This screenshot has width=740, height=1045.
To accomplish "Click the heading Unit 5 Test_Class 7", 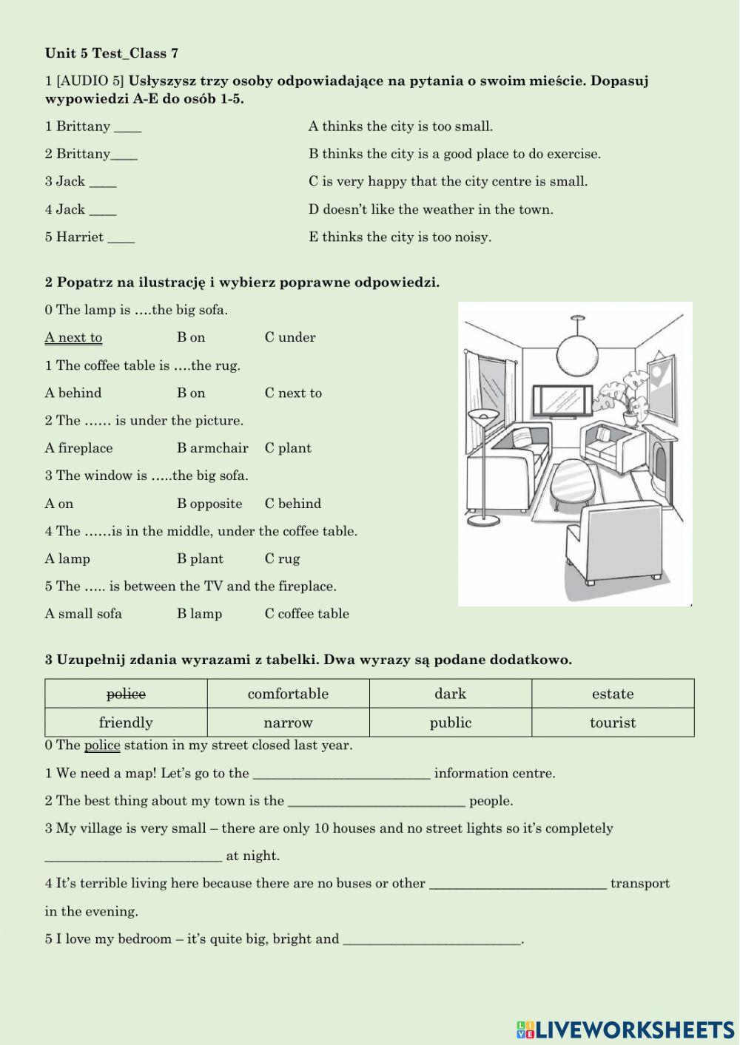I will coord(112,53).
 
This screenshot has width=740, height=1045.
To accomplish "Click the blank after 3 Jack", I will coord(103,183).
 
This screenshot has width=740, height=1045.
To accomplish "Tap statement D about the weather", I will coord(431,209).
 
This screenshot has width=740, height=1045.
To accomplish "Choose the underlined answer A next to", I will coord(73,337).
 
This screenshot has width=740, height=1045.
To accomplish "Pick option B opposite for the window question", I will coord(209,504).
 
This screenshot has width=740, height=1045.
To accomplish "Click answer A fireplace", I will coord(78,448).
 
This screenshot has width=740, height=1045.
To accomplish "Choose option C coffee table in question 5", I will coord(306,614).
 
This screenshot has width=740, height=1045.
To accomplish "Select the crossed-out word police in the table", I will coord(126,694).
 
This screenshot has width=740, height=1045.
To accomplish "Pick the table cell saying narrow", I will coord(288,723).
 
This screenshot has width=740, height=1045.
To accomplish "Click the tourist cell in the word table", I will coord(613,723).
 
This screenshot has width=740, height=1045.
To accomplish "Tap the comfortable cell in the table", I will coord(288,694).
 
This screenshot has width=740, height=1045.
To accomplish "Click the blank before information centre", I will coord(341,774).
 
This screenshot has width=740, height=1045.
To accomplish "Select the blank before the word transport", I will coord(518,885).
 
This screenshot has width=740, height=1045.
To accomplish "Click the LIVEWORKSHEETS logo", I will coord(625,1029).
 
